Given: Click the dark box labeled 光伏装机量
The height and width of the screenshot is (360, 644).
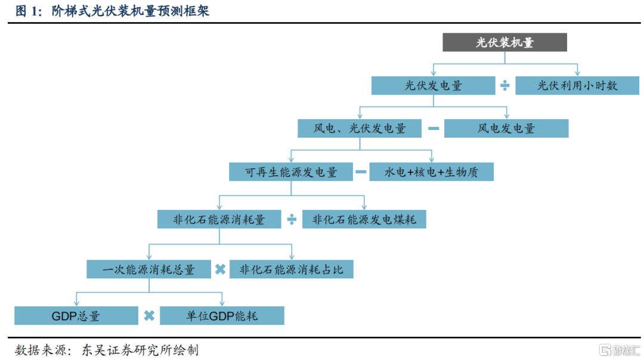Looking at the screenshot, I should (x=504, y=42).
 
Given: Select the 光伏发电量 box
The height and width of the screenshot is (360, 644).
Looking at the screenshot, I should (x=434, y=85).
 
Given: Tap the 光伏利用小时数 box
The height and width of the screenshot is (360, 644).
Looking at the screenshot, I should (x=577, y=85).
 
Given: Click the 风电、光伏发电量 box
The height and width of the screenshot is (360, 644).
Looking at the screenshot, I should (x=360, y=128).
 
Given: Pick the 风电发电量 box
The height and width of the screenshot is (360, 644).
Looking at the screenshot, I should (x=506, y=128).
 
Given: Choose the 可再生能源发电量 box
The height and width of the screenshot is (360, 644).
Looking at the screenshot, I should (x=291, y=172).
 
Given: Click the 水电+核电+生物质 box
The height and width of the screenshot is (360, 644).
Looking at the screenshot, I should (x=431, y=172).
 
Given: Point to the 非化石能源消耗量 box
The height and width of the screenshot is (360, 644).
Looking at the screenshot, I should (x=219, y=219).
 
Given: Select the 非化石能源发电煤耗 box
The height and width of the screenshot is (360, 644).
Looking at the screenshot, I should (x=364, y=219).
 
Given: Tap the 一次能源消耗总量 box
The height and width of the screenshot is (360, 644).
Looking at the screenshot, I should (x=148, y=269).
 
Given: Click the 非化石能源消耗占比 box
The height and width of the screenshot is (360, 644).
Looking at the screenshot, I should (x=292, y=269).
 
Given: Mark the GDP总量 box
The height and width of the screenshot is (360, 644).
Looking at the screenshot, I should (x=76, y=316).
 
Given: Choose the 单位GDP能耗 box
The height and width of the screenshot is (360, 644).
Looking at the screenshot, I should (x=222, y=316).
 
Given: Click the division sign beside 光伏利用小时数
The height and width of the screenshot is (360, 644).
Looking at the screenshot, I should (x=505, y=86).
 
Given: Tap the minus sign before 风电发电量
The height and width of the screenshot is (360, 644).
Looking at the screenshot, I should (x=434, y=128).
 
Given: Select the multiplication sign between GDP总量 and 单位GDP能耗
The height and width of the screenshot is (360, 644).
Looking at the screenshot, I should (x=149, y=316).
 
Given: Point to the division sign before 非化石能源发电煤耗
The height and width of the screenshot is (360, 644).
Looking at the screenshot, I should (x=292, y=219).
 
